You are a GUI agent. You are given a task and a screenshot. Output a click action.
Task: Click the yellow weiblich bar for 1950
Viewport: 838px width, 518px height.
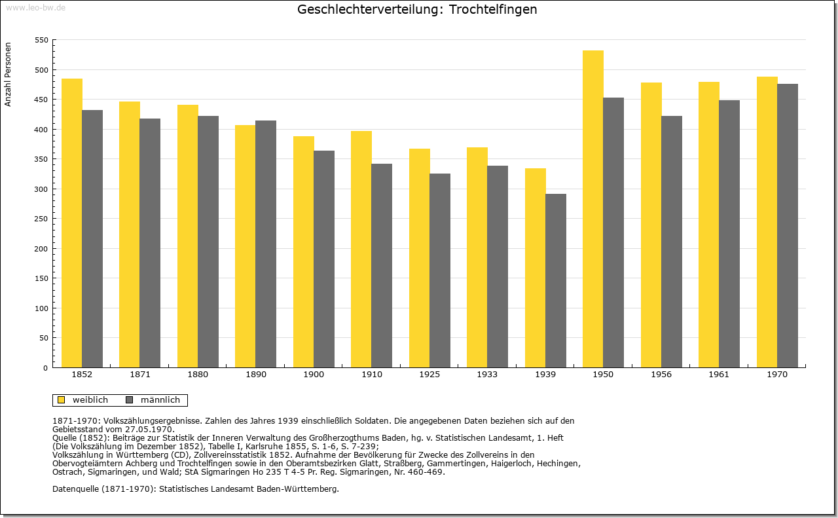pyautogui.click(x=593, y=209)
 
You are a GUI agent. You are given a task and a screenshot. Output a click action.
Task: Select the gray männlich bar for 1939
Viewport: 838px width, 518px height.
pyautogui.click(x=556, y=281)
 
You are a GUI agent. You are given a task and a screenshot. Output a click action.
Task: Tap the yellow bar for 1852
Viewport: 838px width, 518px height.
pyautogui.click(x=72, y=223)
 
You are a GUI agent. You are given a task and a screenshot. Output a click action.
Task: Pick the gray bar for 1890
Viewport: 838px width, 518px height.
pyautogui.click(x=266, y=244)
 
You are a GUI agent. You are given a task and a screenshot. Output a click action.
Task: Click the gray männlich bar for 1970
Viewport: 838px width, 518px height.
pyautogui.click(x=788, y=226)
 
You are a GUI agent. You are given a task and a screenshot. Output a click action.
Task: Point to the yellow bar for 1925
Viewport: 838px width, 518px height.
pyautogui.click(x=420, y=258)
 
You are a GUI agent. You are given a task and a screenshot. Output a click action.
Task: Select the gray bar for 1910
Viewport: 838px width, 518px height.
pyautogui.click(x=382, y=266)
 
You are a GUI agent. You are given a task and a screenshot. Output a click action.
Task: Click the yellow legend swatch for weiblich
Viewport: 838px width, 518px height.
pyautogui.click(x=62, y=400)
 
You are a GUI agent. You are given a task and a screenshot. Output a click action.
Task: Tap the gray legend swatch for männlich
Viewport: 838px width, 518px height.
pyautogui.click(x=130, y=400)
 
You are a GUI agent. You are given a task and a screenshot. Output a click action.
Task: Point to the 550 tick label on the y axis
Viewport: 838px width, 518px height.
pyautogui.click(x=41, y=40)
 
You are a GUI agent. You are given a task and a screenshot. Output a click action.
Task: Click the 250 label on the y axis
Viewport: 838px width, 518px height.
pyautogui.click(x=41, y=219)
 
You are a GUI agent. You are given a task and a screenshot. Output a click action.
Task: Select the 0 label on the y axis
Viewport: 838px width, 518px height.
pyautogui.click(x=46, y=368)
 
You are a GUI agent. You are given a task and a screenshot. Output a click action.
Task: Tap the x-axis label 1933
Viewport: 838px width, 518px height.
pyautogui.click(x=487, y=375)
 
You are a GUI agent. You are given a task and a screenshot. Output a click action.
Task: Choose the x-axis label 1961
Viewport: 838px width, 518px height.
pyautogui.click(x=719, y=375)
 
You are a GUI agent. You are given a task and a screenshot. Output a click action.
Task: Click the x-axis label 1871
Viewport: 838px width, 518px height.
pyautogui.click(x=140, y=375)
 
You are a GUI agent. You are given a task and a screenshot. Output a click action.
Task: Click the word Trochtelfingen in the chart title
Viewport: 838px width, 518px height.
pyautogui.click(x=493, y=9)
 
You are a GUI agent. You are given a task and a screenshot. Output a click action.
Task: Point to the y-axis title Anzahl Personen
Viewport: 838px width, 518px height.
pyautogui.click(x=8, y=75)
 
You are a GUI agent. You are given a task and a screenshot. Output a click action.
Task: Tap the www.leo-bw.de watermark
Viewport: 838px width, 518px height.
pyautogui.click(x=36, y=7)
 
